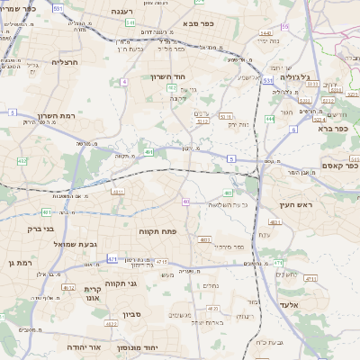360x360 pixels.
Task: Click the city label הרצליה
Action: click(66, 61)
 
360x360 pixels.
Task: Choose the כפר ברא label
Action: click(338, 129)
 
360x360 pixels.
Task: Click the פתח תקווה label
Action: click(158, 231)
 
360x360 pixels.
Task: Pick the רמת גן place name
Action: click(18, 262)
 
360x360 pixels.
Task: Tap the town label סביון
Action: click(132, 318)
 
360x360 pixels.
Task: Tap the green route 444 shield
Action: click(270, 118)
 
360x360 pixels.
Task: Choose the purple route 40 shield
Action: click(185, 202)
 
